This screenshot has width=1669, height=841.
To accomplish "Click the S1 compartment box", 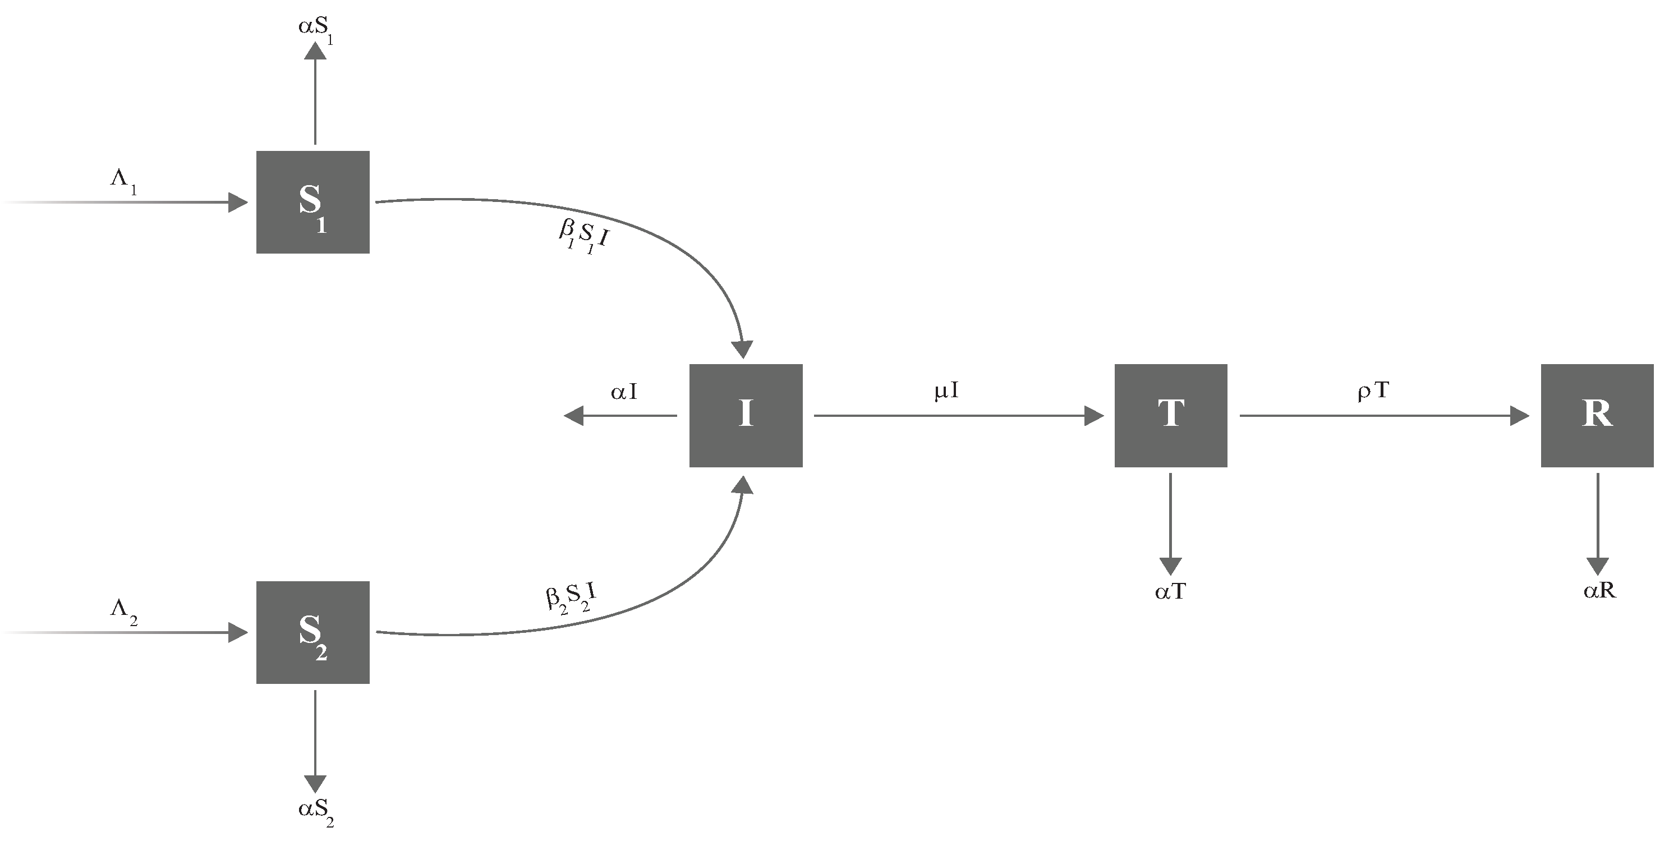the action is click(313, 202).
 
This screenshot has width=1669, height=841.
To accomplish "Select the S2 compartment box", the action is click(313, 632).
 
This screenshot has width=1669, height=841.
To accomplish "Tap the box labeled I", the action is click(746, 415).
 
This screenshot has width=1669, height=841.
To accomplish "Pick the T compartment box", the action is click(1171, 415).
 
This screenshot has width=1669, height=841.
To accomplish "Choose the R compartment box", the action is click(1597, 415).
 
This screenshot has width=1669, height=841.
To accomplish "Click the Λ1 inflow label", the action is click(123, 181).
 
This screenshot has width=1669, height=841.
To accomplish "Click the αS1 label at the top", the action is click(315, 29).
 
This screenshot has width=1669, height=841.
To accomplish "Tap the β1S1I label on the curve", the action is click(583, 238).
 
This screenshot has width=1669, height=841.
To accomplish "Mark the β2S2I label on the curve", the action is click(571, 598).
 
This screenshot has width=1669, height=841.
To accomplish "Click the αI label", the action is click(624, 392).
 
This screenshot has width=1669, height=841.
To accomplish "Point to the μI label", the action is click(946, 390).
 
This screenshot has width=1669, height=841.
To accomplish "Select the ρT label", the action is click(1373, 390).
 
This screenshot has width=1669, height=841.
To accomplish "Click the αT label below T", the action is click(1171, 591).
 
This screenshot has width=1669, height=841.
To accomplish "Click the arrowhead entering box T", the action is click(1095, 416).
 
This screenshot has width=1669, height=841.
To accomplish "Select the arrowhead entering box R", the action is click(1520, 416).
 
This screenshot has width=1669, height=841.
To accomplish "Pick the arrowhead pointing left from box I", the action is click(573, 416).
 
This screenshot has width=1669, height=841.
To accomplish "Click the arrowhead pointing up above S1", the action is click(315, 50).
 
